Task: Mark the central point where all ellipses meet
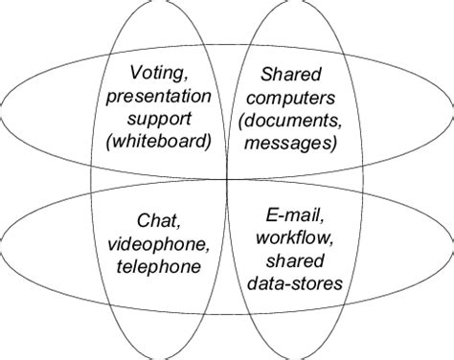[x=227, y=179]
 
